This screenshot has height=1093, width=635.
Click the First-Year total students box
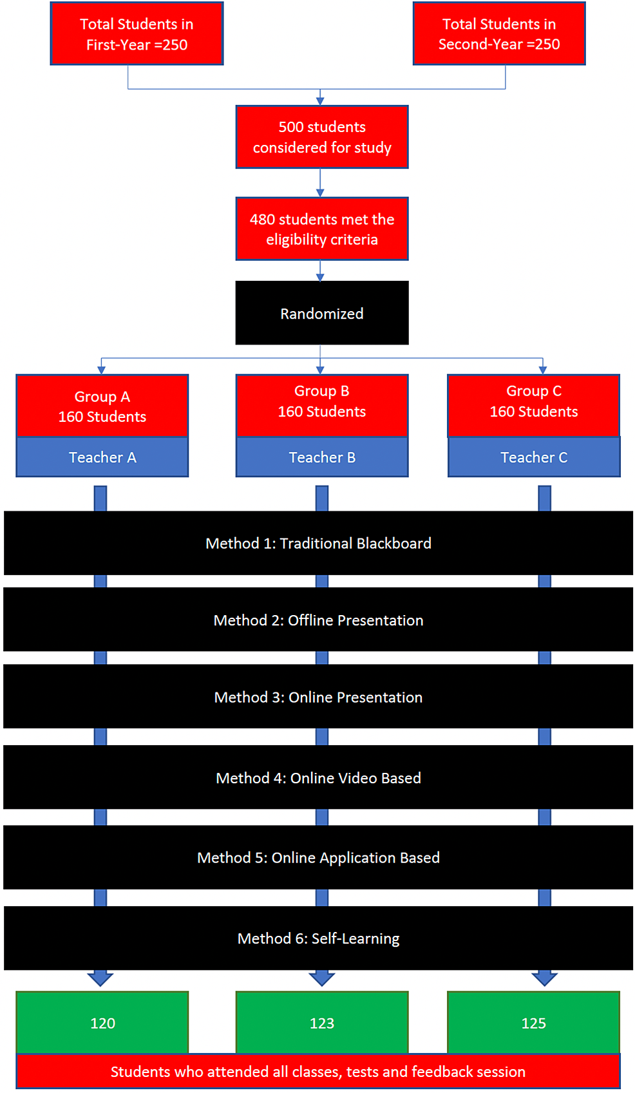click(x=137, y=33)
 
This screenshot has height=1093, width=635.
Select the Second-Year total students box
click(x=499, y=33)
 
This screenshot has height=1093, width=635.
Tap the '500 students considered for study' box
click(x=322, y=137)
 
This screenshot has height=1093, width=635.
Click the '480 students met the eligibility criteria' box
click(x=322, y=229)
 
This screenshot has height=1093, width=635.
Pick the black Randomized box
click(x=322, y=313)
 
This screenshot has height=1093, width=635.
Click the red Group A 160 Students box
click(x=102, y=406)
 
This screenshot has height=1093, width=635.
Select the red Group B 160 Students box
click(x=322, y=406)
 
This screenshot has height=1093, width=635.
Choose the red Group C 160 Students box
click(x=534, y=406)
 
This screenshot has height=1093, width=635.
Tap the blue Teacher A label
click(x=102, y=457)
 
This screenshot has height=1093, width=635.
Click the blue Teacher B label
click(x=322, y=457)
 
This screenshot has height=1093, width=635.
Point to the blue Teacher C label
click(x=534, y=457)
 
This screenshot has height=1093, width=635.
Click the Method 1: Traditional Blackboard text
click(x=318, y=543)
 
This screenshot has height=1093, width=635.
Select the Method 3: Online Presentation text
click(x=318, y=697)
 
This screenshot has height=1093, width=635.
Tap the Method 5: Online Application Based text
click(x=318, y=857)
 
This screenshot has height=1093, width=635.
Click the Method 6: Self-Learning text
click(x=318, y=938)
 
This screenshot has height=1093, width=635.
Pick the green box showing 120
click(x=102, y=1023)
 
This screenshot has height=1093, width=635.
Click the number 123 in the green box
click(x=322, y=1023)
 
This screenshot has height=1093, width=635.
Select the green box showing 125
click(x=534, y=1023)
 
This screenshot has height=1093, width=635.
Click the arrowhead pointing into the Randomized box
click(x=320, y=277)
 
